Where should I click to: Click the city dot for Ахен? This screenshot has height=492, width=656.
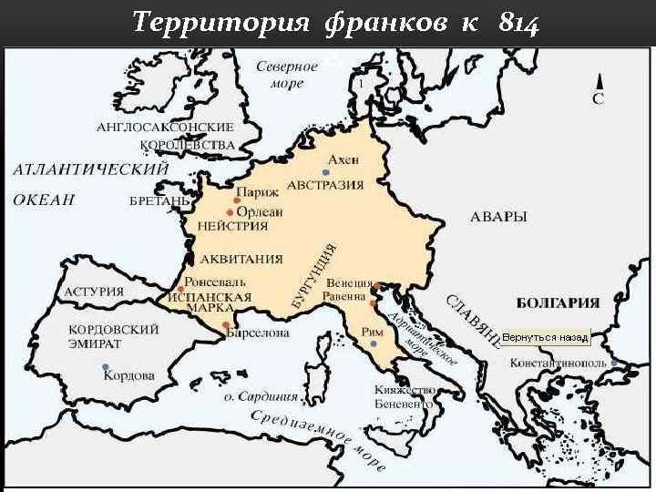pos(325,172)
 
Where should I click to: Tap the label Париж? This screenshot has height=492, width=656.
pos(255,194)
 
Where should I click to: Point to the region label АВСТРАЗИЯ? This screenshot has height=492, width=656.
pos(325,185)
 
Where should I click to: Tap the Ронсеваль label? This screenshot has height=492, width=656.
pos(215,282)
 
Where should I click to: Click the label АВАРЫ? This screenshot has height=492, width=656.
pos(498,217)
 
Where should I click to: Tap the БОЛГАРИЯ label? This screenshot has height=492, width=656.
pos(558,302)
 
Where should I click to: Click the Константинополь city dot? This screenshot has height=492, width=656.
pos(614,362)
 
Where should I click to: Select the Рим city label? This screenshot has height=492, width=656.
pos(372,333)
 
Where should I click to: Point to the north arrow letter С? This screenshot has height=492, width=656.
pos(598,97)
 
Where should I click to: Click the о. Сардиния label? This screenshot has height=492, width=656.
pos(261,396)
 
